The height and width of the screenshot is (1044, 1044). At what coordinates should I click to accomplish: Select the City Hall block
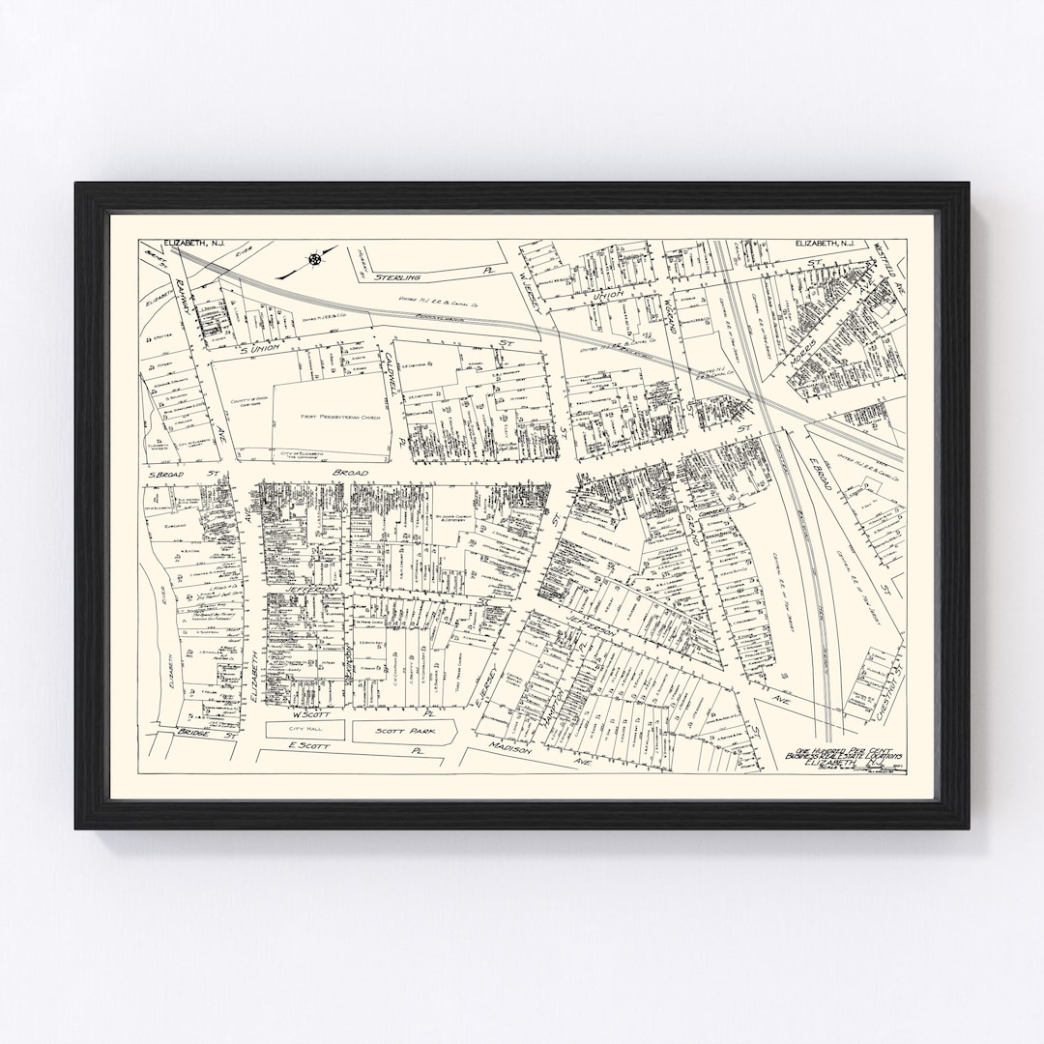pyautogui.click(x=304, y=732)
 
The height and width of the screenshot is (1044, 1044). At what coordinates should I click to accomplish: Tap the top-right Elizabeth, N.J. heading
pyautogui.click(x=826, y=245)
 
